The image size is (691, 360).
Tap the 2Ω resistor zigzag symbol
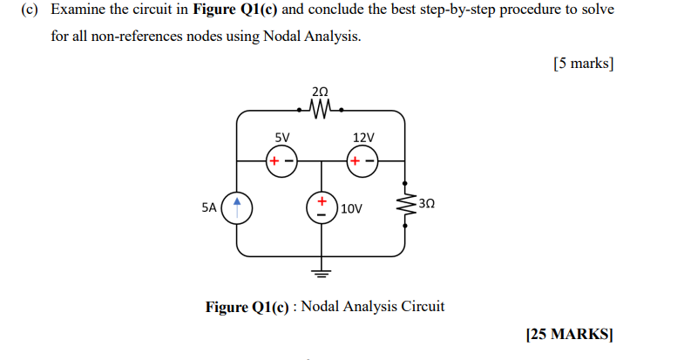coord(320,111)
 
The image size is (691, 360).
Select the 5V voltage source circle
coord(281,161)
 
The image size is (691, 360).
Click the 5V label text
coord(281,138)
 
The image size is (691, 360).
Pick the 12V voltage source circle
coord(362,161)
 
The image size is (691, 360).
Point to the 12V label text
coord(362,138)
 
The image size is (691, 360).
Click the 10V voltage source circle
coord(322,208)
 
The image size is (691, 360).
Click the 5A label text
coord(208,208)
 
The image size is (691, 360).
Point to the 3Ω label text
coord(426,203)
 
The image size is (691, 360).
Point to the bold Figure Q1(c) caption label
coord(248,307)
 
